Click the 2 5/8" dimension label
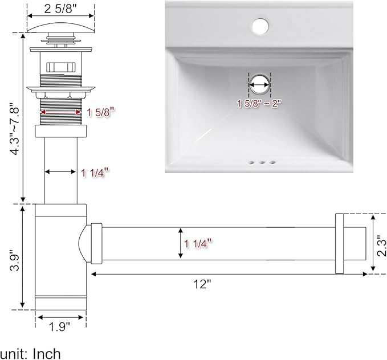61,9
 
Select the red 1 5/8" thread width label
101,113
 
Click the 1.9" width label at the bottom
60,327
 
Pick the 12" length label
202,284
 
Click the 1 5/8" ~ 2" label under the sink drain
259,103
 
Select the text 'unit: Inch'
30,354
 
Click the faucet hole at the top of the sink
260,26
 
